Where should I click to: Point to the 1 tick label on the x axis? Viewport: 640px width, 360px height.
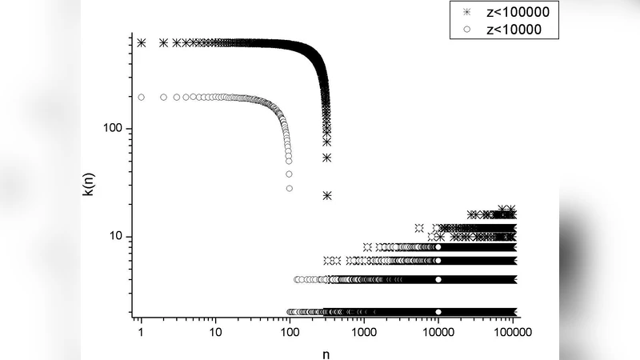(142, 330)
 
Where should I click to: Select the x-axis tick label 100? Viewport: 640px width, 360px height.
(290, 330)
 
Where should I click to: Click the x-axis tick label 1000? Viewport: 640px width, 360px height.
(364, 330)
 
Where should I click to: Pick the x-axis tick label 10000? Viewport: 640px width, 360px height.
(438, 330)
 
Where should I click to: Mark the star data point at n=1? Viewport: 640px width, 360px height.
(142, 42)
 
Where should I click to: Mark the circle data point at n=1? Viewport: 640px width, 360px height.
(142, 98)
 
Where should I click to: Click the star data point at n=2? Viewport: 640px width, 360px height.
(164, 42)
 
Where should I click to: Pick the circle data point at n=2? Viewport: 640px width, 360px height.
(164, 98)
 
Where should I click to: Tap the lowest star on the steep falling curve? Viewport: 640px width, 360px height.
(327, 195)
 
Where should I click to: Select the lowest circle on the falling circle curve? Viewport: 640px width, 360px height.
(290, 188)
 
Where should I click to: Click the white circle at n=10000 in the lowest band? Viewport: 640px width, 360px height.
(438, 312)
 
